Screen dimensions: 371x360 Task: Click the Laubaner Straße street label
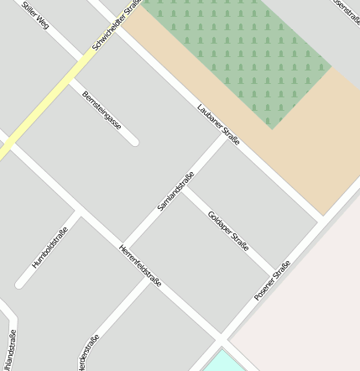click(218, 123)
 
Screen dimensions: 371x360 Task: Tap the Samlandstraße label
click(175, 191)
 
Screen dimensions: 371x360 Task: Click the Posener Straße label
click(272, 280)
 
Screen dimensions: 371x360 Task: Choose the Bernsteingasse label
click(102, 111)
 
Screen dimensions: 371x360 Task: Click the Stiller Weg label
click(36, 16)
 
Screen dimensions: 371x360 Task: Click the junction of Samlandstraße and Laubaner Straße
click(227, 135)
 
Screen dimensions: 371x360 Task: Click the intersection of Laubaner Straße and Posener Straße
click(321, 220)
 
